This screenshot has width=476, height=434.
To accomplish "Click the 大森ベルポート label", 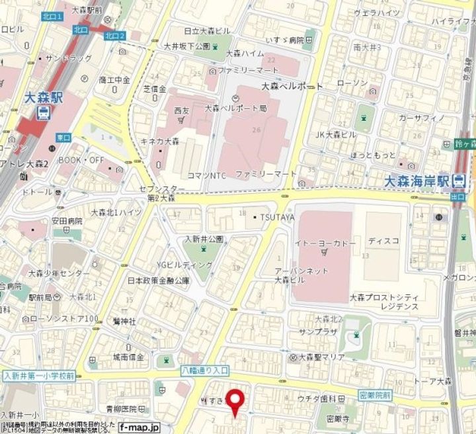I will click(292, 86).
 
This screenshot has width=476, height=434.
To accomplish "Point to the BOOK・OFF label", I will click(83, 160).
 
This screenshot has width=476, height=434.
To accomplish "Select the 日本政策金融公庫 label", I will click(158, 281).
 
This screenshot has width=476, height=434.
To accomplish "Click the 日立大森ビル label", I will click(206, 31).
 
